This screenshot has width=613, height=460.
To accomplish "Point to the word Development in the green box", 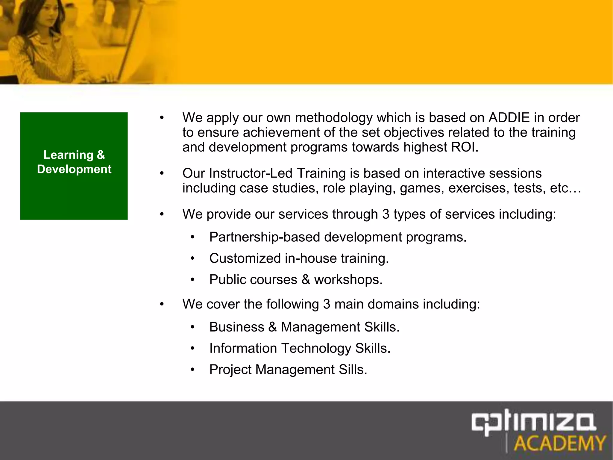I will (74, 169).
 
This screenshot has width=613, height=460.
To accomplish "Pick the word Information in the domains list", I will (243, 348).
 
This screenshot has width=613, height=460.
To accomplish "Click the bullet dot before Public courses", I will (192, 280).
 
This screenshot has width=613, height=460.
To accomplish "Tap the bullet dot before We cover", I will (162, 304).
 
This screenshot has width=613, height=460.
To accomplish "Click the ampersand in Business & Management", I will (272, 327).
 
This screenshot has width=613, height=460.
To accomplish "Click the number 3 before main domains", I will (327, 304).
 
